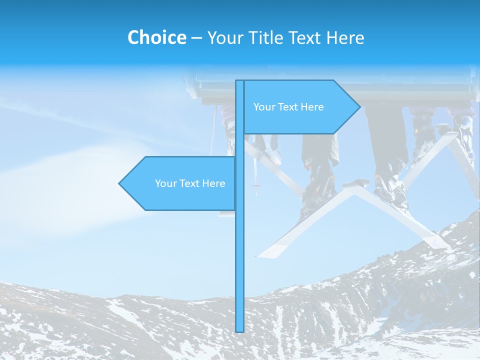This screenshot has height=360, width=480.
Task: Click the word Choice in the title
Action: pos(156,37)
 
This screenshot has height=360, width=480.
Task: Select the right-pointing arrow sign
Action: pos(300,107)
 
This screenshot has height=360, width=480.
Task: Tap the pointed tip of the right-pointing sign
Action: pos(358,106)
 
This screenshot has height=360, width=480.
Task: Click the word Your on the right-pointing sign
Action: pos(263,107)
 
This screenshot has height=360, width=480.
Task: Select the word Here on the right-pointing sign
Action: pos(313,107)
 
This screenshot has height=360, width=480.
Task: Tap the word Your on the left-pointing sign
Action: pos(165,183)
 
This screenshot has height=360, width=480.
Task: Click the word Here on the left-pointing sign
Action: pos(214,183)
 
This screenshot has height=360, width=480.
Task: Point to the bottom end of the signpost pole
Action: pos(240,331)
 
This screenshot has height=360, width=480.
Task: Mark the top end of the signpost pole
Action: pos(240,81)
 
